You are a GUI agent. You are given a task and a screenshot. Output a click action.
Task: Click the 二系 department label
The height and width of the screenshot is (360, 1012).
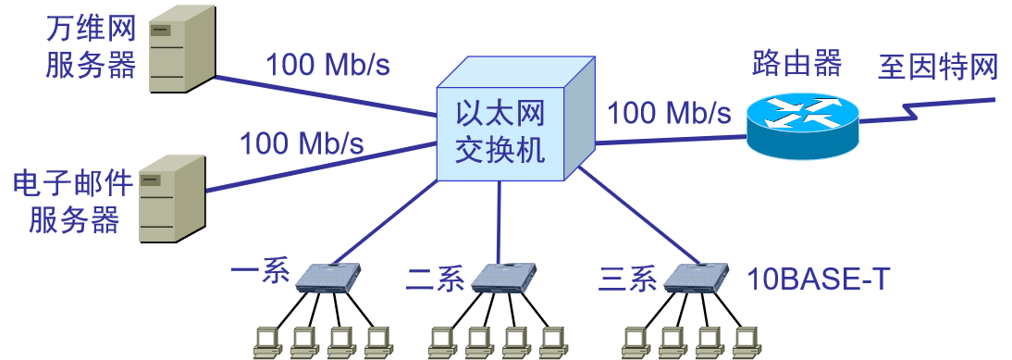tap(436, 279)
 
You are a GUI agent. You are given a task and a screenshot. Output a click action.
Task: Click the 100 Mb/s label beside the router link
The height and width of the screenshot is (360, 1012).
tap(669, 113)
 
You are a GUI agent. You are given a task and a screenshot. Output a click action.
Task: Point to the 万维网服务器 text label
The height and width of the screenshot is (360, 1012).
tap(92, 47)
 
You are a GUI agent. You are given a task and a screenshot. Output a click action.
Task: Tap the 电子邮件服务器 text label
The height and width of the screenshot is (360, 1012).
tap(74, 203)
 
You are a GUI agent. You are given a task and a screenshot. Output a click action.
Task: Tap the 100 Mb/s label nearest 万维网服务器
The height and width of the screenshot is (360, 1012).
tap(328, 65)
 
